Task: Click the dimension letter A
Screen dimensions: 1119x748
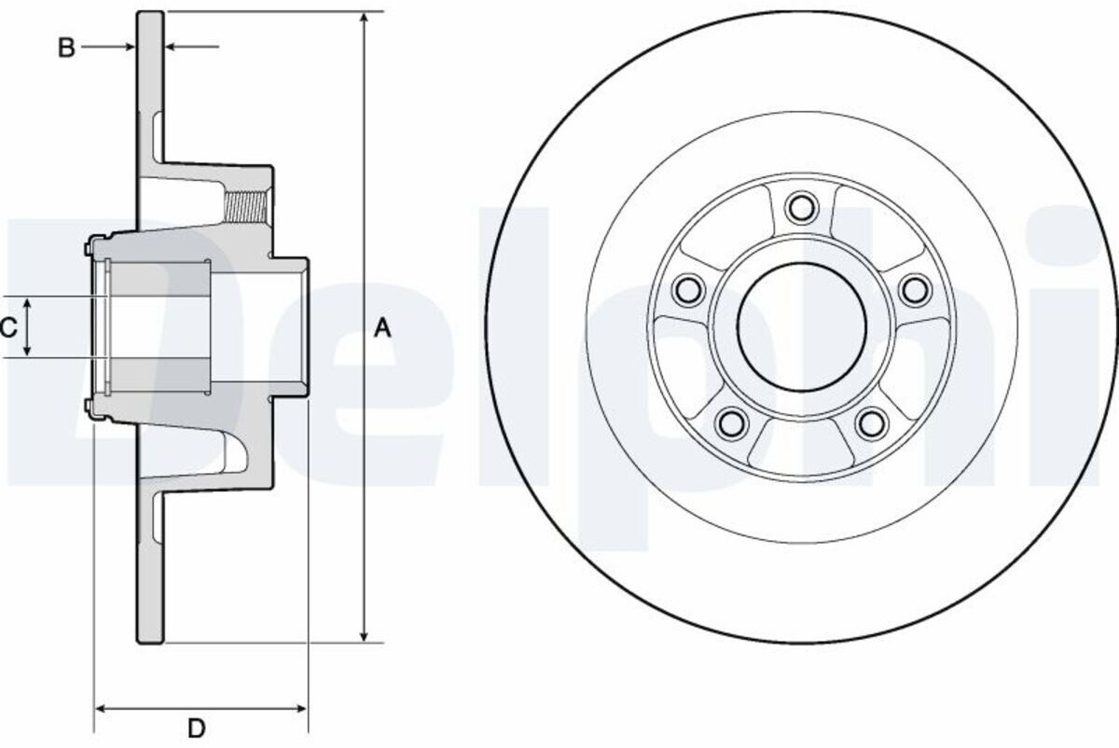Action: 382,328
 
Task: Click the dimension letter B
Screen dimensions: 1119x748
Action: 66,48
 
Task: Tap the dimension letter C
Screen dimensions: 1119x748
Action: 9,327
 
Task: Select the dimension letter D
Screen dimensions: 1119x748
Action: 197,728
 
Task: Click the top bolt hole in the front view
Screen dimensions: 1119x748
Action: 801,207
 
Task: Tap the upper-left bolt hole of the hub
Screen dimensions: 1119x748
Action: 688,288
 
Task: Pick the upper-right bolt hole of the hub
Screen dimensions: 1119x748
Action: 915,288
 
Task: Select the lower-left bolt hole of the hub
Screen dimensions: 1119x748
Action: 732,422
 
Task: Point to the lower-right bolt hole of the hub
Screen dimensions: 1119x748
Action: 871,422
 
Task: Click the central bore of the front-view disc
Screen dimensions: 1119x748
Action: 802,327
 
